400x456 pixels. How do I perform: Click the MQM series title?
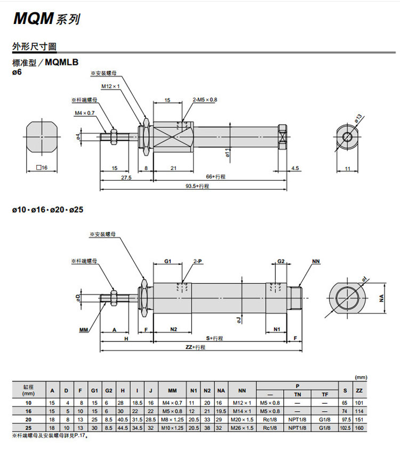coord(47,19)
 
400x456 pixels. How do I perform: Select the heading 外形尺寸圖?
coord(34,46)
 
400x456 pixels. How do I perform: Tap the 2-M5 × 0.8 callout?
coord(205,100)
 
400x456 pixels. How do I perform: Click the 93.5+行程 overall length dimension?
coord(197,186)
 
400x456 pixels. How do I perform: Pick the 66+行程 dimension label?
coord(216,176)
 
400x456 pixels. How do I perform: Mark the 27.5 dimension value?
coord(126,177)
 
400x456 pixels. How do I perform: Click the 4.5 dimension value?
coord(295,168)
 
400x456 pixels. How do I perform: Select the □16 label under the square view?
coord(42,168)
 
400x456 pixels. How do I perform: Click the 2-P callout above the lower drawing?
coord(197,262)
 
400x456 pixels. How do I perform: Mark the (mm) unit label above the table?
coord(361,377)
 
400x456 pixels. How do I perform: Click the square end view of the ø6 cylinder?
coord(41,137)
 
